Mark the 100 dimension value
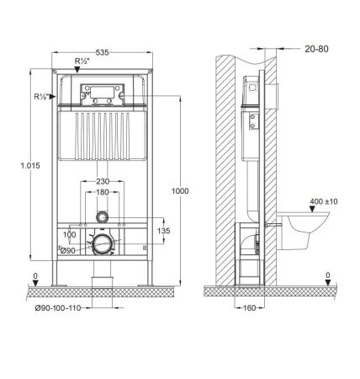point(69,235)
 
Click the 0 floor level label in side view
point(327,275)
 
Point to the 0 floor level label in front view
point(34,275)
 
